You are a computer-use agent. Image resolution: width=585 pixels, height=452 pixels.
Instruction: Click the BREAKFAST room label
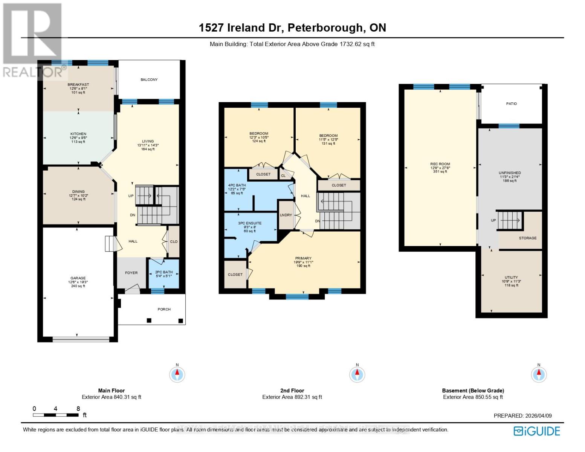point(78,85)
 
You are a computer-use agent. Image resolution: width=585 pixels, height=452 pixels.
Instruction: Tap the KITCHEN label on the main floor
point(78,134)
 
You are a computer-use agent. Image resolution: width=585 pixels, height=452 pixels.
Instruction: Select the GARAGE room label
point(78,278)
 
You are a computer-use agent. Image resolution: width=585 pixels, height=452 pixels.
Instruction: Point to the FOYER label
point(131,273)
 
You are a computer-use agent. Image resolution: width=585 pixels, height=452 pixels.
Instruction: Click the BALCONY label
point(149,79)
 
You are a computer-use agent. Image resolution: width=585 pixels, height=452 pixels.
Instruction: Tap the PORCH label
point(164,309)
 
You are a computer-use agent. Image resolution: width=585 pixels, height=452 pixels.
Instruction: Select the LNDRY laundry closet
point(286,215)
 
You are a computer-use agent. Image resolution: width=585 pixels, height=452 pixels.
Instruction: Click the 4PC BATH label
point(237,185)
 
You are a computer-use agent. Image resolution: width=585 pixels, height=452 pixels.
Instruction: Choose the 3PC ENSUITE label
point(250,223)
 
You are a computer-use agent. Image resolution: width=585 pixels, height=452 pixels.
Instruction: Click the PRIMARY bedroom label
point(303,258)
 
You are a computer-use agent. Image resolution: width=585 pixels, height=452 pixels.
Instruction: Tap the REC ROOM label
point(440,164)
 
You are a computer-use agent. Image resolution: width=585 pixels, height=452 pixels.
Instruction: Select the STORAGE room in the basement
point(527,238)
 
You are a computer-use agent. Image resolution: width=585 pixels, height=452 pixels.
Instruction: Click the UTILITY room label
point(511,277)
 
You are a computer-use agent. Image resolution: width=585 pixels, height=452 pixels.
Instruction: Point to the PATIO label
point(511,104)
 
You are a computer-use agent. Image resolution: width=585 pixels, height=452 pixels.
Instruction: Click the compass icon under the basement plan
point(539,374)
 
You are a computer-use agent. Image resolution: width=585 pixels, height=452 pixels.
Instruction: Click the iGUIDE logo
point(537,431)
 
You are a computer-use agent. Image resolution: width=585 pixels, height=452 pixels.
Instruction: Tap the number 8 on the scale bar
point(78,409)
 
